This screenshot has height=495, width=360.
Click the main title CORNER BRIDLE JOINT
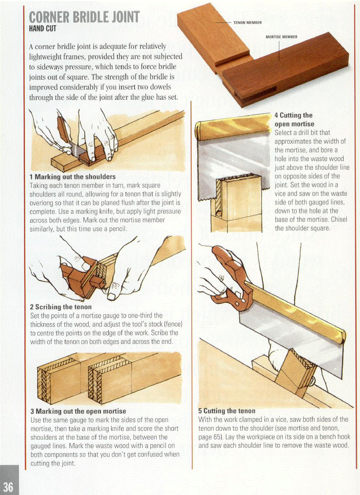pos(84,17)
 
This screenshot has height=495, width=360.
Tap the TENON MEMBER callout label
pos(247,22)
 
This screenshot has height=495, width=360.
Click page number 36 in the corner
pos(8,486)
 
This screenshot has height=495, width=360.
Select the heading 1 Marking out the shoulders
pos(72,177)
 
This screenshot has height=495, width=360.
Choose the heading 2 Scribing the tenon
pos(60,307)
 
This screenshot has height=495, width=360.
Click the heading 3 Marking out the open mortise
pos(78,411)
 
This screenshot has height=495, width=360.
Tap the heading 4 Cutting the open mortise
pos(293,119)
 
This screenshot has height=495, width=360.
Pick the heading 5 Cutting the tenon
pos(227,411)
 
